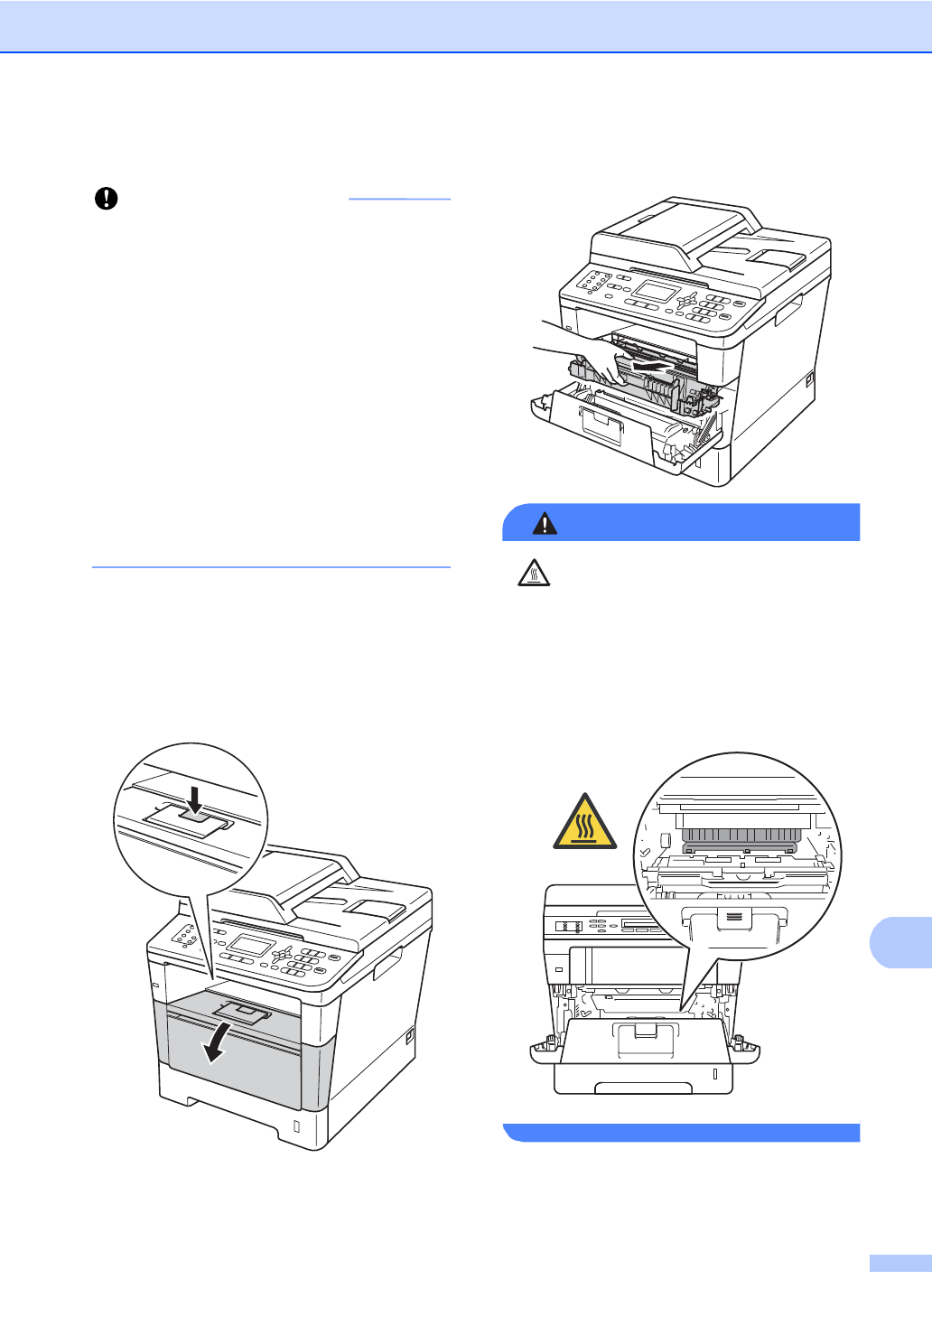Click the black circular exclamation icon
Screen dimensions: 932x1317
(107, 199)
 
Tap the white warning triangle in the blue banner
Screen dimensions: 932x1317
(545, 523)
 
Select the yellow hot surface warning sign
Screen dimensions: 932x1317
(584, 823)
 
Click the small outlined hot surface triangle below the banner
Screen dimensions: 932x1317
(534, 573)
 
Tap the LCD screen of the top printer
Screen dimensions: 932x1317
(656, 292)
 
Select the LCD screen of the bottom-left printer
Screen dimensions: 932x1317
(250, 946)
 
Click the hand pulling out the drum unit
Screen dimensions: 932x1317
(578, 348)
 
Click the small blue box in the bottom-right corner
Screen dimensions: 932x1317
(899, 1264)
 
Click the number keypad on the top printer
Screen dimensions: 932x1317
(710, 308)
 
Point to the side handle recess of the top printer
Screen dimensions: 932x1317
(788, 313)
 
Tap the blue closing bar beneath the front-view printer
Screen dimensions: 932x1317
(681, 1133)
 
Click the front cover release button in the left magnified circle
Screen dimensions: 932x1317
(195, 820)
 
